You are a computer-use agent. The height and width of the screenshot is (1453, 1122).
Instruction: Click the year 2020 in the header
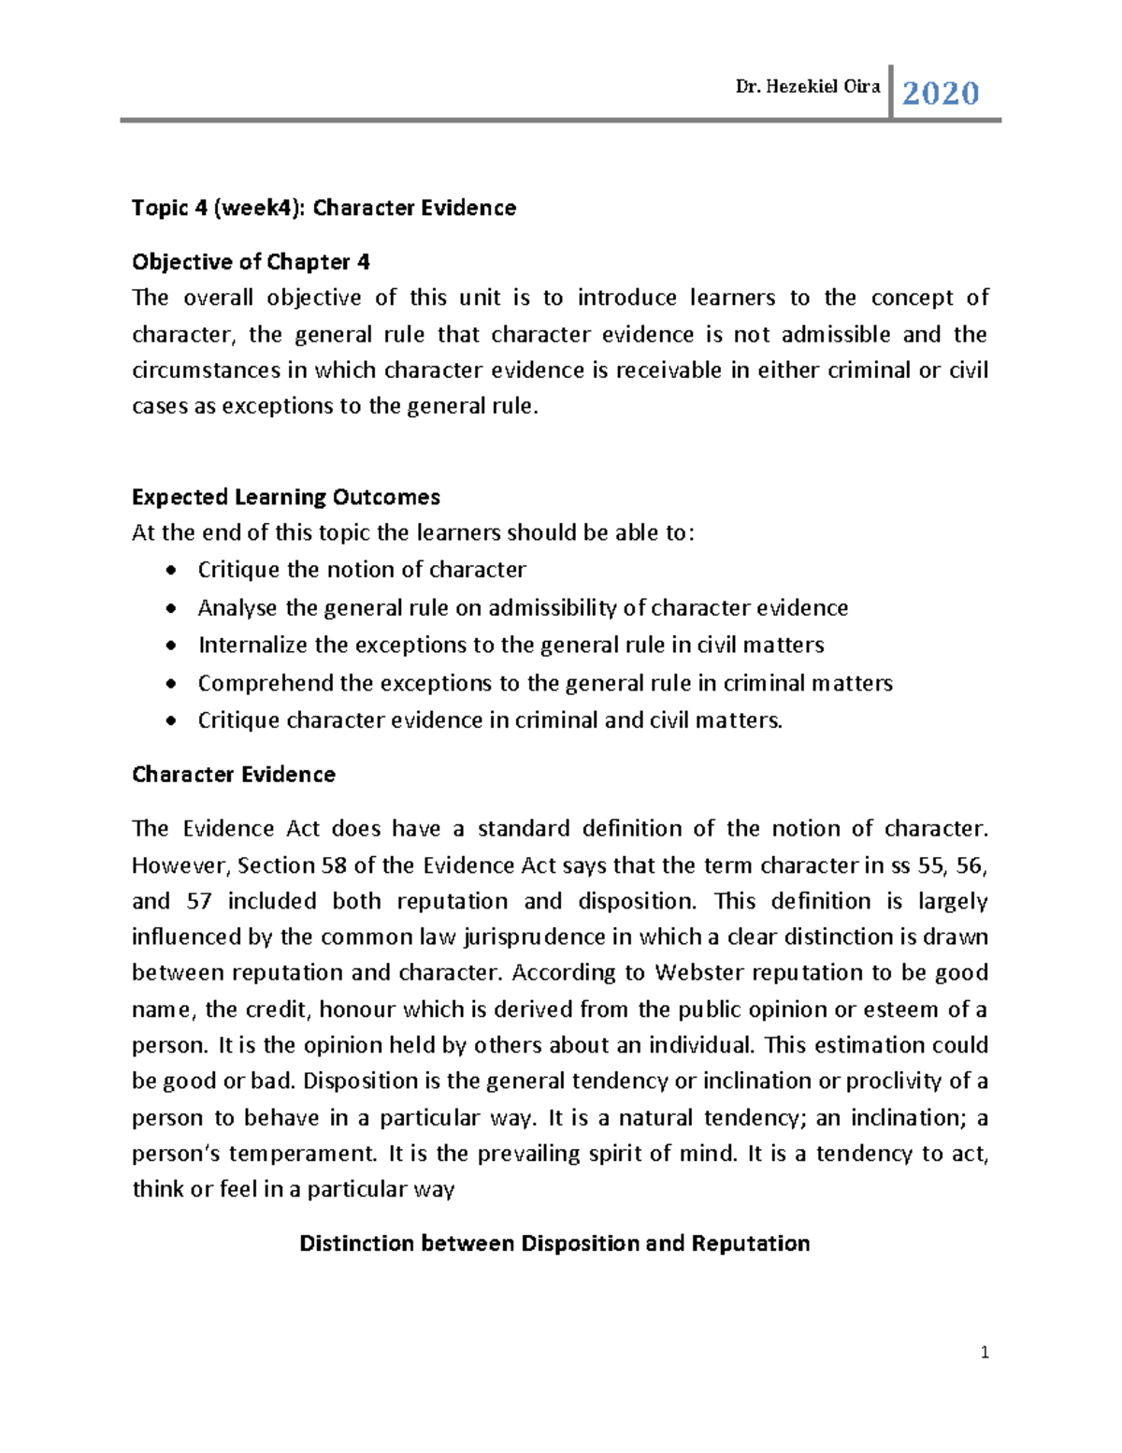[x=940, y=94]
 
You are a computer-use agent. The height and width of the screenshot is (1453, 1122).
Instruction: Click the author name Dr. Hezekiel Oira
[x=808, y=87]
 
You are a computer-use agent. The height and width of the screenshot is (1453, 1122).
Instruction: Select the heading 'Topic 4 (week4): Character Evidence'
[x=324, y=208]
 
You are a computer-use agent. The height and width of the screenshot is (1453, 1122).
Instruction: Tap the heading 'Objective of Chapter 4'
[x=251, y=262]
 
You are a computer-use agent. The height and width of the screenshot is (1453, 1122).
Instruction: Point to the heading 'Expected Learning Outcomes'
[x=285, y=497]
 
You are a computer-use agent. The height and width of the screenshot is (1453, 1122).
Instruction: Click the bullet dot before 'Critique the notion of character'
[x=169, y=571]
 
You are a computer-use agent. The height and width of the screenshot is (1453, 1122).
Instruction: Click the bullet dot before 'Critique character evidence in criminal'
[x=169, y=721]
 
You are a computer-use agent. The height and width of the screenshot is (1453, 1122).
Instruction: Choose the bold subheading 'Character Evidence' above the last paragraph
[x=233, y=775]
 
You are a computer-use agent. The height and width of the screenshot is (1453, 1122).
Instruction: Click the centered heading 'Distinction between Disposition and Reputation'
[x=554, y=1243]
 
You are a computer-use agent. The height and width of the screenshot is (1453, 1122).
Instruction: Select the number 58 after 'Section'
[x=333, y=865]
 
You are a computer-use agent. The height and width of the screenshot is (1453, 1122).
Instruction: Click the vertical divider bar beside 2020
[x=891, y=92]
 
